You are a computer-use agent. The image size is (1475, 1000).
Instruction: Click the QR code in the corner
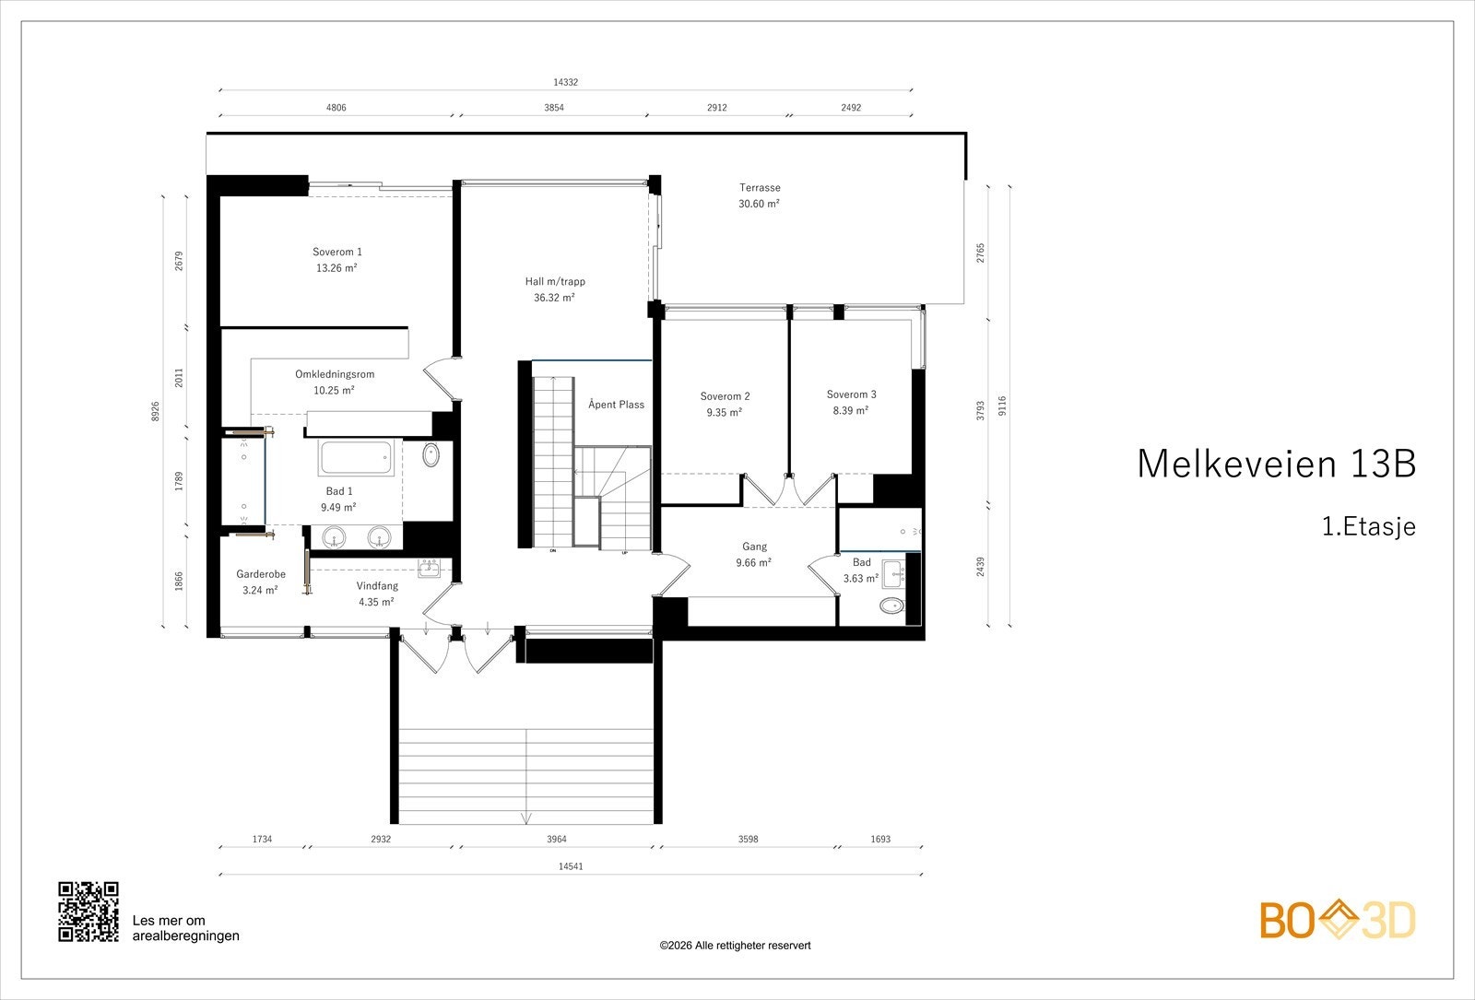point(88,912)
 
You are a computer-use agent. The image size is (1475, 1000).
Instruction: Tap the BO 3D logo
point(1338,920)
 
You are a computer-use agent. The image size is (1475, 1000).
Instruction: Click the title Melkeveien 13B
point(1275,464)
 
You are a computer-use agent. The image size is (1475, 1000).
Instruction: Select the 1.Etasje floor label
point(1368,527)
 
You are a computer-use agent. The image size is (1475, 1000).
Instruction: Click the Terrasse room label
point(759,188)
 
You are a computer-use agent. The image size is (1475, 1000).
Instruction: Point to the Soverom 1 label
point(336,252)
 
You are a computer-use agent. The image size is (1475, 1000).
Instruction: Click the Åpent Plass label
point(616,405)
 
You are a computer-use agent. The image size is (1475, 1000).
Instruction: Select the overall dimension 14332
point(565,82)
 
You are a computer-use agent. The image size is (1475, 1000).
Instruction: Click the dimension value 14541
point(571,866)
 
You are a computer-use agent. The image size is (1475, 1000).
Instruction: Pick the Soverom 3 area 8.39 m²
point(850,411)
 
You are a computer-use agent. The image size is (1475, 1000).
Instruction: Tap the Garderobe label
point(261,574)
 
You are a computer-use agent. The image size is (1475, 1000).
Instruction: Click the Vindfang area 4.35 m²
point(376,602)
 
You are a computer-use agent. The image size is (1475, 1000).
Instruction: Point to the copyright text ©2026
point(735,946)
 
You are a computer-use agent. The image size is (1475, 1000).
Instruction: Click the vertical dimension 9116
point(1002,406)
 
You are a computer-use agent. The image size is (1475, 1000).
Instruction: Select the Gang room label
point(754,547)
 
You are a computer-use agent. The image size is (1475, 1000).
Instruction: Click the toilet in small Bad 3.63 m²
point(891,606)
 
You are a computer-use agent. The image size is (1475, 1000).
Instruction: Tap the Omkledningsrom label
point(335,374)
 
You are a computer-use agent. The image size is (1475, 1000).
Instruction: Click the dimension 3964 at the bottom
point(556,840)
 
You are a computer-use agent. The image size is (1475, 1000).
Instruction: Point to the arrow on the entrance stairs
point(525,817)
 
